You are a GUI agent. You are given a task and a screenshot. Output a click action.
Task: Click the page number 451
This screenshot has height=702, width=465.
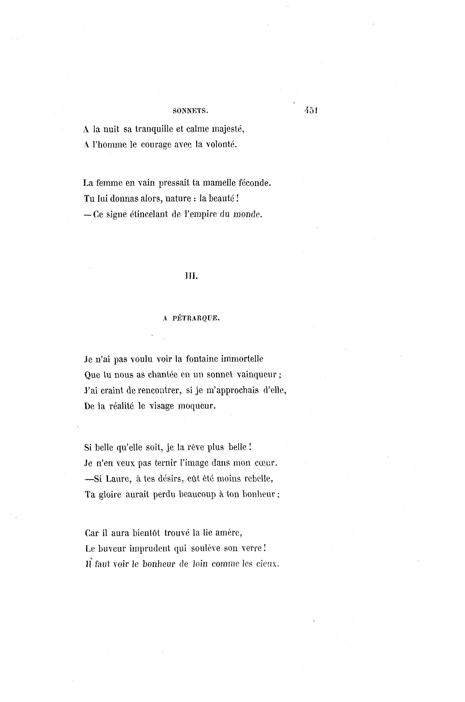coord(311,110)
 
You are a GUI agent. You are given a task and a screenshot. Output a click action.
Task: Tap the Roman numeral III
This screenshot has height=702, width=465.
coord(191,276)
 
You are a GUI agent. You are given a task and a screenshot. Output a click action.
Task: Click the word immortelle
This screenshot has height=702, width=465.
coord(245,359)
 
